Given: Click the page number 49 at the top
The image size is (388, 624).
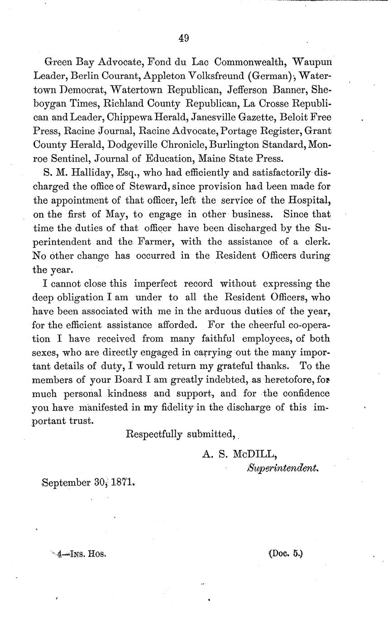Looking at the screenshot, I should [183, 38].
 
